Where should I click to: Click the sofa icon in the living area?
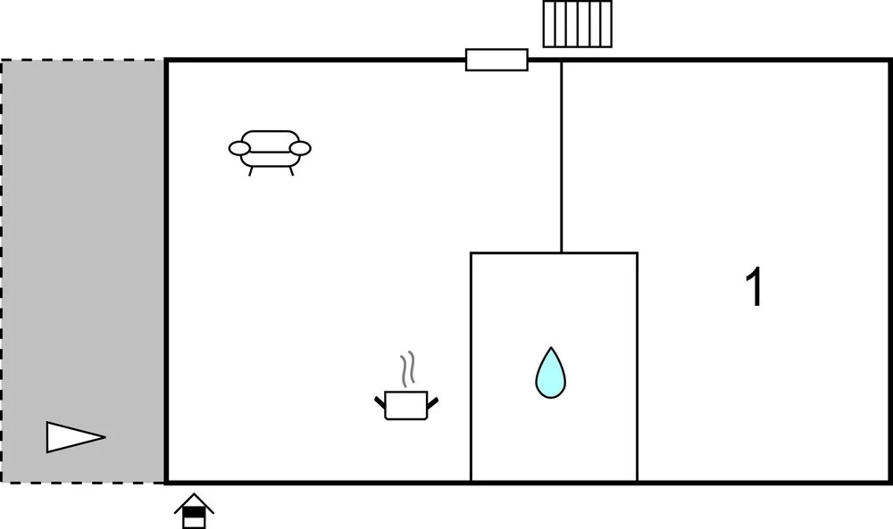pos(270,149)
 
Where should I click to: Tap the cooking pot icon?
pos(406,404)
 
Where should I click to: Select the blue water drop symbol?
pos(550,374)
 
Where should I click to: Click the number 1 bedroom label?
pos(755,289)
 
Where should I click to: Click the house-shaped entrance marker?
pos(194,511)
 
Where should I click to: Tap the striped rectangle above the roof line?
pos(579,24)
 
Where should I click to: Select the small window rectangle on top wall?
pos(497,60)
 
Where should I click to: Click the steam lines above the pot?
pos(407,369)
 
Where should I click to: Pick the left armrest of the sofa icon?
pos(240,148)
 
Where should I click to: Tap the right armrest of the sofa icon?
pos(300,148)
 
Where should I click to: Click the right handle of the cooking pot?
pos(433,402)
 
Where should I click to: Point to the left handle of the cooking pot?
pos(380,402)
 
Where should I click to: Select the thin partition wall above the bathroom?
pos(561,156)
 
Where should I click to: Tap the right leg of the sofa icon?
pos(290,170)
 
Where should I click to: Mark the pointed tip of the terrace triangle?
pos(104,437)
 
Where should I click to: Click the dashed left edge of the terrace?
pos(2,268)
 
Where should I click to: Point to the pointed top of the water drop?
pos(550,350)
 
